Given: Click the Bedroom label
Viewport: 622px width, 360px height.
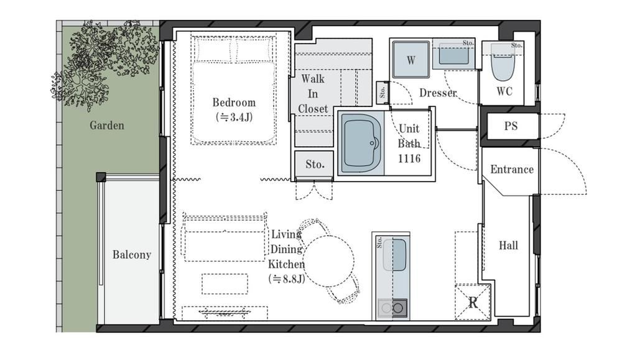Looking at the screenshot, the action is click(x=234, y=103).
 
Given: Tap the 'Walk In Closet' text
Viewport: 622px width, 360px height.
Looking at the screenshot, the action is click(x=313, y=93).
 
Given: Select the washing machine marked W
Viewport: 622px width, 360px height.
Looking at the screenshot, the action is click(x=411, y=60).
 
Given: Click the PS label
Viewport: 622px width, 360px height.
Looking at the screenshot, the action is click(x=511, y=126).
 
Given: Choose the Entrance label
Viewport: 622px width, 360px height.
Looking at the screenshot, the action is click(x=512, y=169).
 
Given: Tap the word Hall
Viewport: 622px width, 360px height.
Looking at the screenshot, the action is click(x=508, y=246).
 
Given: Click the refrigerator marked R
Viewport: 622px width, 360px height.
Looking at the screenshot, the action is click(x=473, y=303).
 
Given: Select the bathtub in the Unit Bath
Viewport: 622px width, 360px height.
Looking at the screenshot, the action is click(x=362, y=143).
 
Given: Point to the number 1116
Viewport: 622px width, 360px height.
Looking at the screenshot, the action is click(x=409, y=159).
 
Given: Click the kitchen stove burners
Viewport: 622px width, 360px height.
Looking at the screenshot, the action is click(x=392, y=308).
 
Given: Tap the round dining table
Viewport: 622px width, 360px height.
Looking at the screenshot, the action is click(x=328, y=261).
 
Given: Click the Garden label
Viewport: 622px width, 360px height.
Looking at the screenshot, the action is click(x=107, y=126).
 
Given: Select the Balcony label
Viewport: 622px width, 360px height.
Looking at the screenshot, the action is click(x=132, y=254).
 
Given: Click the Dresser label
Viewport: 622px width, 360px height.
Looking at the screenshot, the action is click(x=438, y=93).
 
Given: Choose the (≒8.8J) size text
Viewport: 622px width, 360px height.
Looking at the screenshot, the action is click(x=286, y=279).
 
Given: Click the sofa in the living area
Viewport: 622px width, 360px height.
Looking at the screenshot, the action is click(x=224, y=238).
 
